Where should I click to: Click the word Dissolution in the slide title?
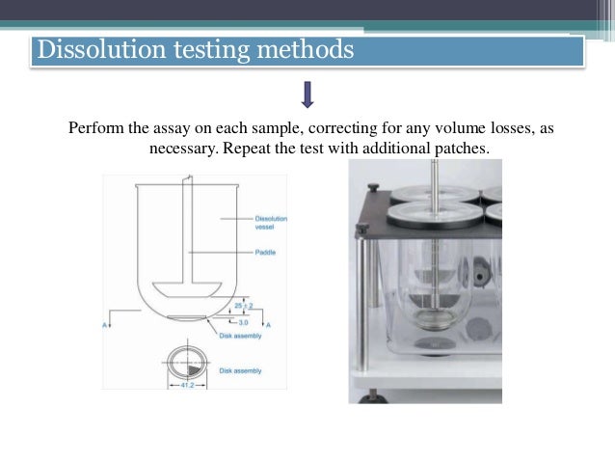(93, 49)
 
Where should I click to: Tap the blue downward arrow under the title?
(307, 95)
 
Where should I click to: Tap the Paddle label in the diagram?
(265, 254)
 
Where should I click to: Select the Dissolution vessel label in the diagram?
(270, 223)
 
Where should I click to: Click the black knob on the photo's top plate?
(362, 229)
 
